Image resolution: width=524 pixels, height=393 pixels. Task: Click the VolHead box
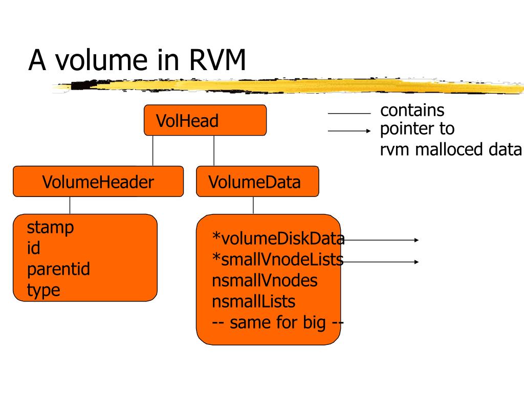205,120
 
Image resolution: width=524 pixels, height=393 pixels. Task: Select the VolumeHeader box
98,182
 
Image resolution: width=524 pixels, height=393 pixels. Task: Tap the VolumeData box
258,182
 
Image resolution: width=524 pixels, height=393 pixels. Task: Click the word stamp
50,228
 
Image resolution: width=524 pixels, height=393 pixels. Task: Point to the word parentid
58,269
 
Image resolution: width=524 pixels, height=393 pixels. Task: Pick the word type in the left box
43,290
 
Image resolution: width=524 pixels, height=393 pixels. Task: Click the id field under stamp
33,248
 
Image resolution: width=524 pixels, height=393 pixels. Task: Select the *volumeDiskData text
278,238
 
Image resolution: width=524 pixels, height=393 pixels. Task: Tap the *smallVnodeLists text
278,259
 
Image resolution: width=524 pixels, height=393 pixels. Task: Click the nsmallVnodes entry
265,280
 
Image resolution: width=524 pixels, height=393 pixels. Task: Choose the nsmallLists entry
254,301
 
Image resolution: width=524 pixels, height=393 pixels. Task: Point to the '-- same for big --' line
278,323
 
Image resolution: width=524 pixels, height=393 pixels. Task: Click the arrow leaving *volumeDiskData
381,240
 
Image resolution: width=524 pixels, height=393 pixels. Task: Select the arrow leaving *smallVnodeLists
381,262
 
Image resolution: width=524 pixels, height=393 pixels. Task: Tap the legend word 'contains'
412,111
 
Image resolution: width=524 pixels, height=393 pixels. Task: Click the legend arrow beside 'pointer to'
349,131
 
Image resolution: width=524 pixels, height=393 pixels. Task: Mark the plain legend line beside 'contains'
349,114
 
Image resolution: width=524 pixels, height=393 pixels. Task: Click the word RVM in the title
217,60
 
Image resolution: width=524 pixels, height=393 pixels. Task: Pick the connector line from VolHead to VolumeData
214,151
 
